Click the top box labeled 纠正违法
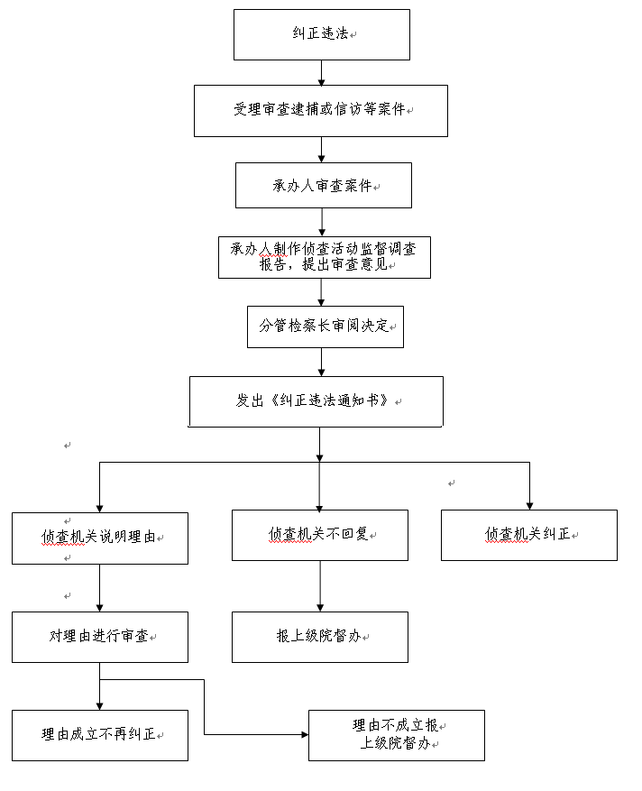(321, 34)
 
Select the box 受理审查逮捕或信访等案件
(321, 110)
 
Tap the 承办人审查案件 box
(324, 185)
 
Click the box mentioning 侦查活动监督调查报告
(325, 257)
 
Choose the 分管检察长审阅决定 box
(326, 327)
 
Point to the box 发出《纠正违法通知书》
(316, 401)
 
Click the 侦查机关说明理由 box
(100, 538)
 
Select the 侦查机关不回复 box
(320, 535)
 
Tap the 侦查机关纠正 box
(529, 535)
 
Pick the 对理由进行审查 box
(100, 637)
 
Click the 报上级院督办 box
(320, 637)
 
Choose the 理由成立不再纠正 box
(100, 735)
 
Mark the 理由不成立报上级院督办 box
(397, 735)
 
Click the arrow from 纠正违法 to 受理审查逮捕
(321, 73)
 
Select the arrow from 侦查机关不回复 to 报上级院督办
(320, 586)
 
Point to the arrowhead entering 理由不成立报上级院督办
(305, 734)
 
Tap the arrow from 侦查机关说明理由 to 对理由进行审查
(100, 588)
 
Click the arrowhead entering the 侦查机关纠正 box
(529, 506)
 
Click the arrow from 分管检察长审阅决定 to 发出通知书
(321, 363)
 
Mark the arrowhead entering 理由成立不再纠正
(100, 707)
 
